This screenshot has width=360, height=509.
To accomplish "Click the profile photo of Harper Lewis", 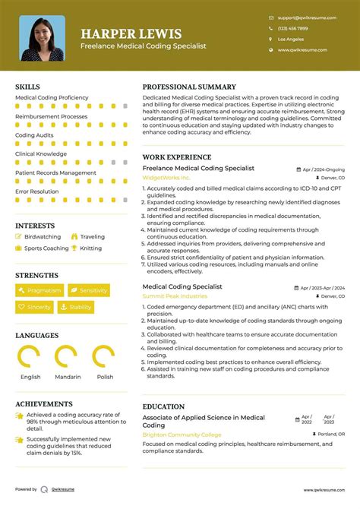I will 43,39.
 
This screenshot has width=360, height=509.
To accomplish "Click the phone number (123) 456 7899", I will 292,27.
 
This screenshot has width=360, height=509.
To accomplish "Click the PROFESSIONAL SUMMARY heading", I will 189,87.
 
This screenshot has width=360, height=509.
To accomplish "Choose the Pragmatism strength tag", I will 39,290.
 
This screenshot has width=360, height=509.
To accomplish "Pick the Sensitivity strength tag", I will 89,290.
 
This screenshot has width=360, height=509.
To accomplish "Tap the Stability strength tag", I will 76,307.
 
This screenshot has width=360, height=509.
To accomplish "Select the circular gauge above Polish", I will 103,356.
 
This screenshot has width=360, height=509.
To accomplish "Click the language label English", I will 31,377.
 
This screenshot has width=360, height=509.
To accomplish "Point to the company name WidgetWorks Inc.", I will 166,178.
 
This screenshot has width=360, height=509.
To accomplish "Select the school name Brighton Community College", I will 183,435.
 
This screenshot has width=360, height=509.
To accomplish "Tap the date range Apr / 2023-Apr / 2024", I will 323,289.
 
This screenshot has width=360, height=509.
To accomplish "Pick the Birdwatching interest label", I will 43,237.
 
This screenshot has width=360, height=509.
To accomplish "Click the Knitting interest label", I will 90,248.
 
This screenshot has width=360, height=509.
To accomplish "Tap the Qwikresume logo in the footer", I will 46,490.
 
